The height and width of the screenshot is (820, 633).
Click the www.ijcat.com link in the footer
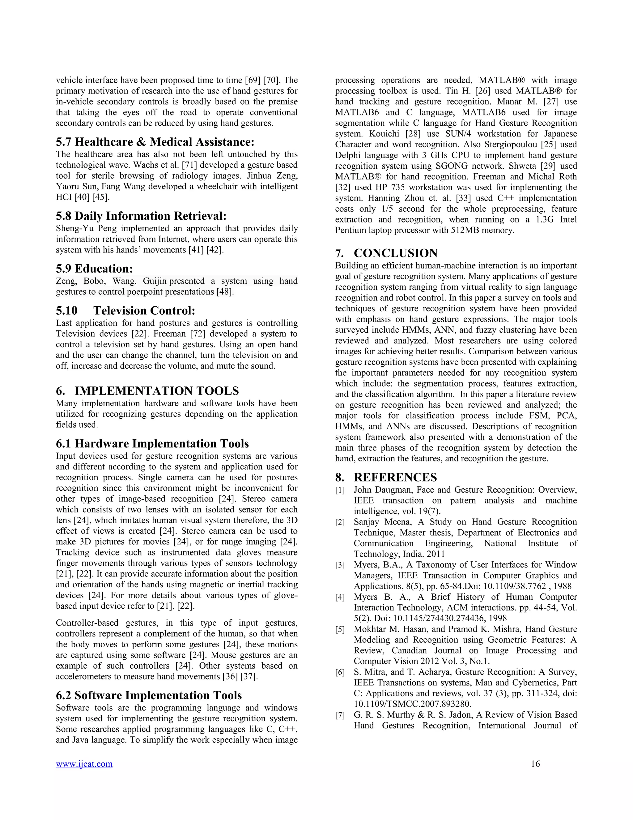[84, 764]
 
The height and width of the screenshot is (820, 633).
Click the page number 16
[535, 764]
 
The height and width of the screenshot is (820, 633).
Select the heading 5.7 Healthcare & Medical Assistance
[155, 142]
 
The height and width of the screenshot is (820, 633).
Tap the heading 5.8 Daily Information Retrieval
[141, 216]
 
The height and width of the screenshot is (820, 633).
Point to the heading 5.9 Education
[95, 269]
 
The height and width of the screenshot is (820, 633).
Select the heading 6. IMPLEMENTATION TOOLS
[147, 391]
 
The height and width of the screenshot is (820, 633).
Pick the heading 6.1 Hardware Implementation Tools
[152, 443]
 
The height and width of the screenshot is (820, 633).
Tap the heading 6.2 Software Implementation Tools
[149, 695]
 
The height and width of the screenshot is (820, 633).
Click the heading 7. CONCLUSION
[387, 253]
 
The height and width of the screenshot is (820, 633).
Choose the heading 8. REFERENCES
[386, 477]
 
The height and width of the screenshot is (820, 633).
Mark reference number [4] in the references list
[340, 597]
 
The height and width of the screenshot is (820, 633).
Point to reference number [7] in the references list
[340, 716]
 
